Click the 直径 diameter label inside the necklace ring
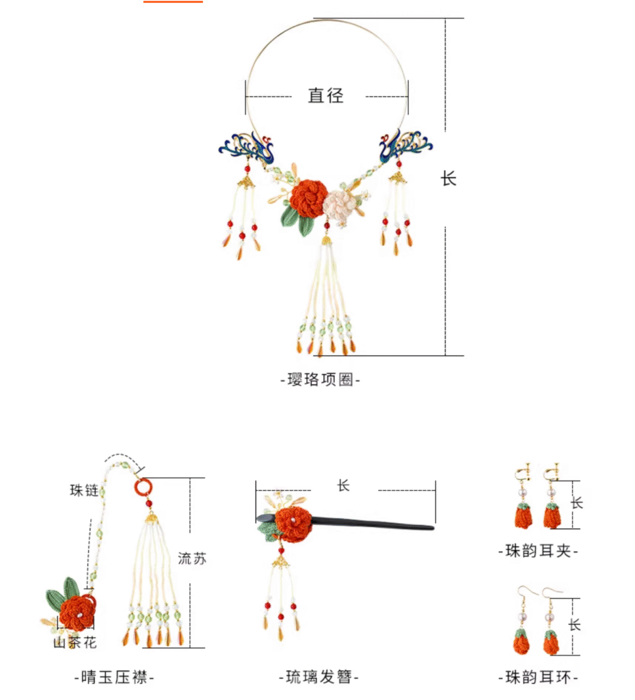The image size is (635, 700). [326, 96]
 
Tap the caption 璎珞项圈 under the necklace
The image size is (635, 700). [320, 379]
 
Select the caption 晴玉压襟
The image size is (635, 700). [113, 677]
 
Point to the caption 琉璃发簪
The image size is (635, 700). [319, 677]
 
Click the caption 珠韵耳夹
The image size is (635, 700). [538, 551]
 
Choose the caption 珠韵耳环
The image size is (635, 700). [538, 677]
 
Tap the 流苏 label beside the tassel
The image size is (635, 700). [192, 558]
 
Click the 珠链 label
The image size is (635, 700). [84, 490]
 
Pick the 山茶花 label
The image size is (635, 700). [75, 643]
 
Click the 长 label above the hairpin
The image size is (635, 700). [343, 485]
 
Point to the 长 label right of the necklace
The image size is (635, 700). [448, 178]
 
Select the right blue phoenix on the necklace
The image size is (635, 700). [405, 146]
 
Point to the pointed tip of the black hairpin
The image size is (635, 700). [433, 528]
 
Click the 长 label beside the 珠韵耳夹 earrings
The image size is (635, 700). [577, 502]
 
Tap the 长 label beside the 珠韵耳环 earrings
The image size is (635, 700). [575, 624]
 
